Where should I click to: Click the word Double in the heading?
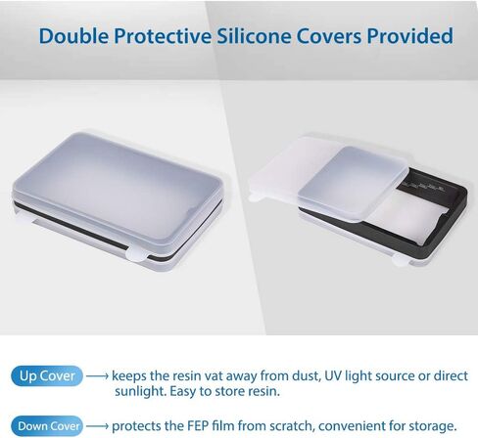click(73, 35)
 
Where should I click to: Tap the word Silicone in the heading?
click(254, 35)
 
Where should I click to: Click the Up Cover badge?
click(47, 375)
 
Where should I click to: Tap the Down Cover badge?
click(47, 426)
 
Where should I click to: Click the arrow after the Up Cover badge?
click(97, 376)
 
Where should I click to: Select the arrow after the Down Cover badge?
click(97, 426)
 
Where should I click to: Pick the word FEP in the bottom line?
click(198, 425)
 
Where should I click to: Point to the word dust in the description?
click(306, 376)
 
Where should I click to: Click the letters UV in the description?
click(333, 376)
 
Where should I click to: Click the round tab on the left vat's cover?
click(137, 254)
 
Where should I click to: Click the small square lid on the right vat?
click(353, 183)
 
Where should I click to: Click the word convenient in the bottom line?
click(353, 426)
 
